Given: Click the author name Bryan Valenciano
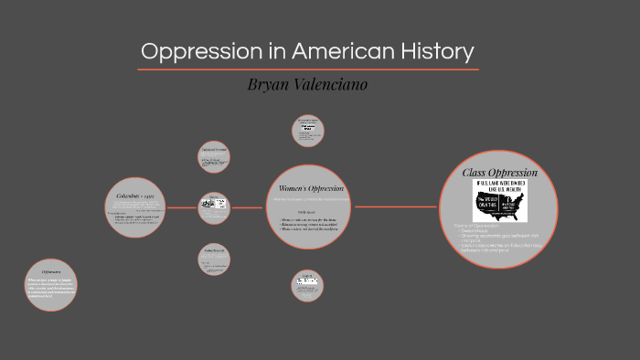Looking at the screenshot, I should (308, 84).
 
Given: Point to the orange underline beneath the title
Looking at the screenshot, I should (308, 69).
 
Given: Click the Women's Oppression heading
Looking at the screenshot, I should (309, 188).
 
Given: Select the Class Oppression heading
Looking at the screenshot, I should (499, 173).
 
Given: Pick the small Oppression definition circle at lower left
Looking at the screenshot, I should (52, 288).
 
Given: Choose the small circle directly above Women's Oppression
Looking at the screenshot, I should (307, 131).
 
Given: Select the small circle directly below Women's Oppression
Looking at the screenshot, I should (307, 286).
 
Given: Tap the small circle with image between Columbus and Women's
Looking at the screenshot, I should (214, 206).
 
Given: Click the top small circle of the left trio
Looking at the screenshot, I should (214, 156).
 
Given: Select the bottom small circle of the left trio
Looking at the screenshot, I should (214, 259).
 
